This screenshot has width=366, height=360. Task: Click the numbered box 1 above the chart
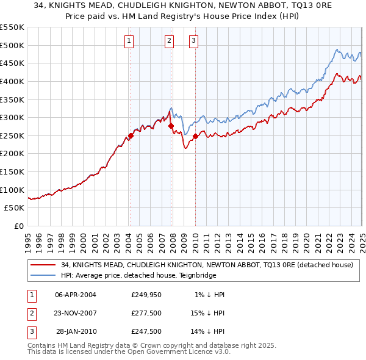click(130, 41)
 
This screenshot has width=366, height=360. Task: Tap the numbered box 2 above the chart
click(169, 41)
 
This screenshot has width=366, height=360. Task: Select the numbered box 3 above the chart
click(193, 41)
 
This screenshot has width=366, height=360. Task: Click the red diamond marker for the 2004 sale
click(131, 136)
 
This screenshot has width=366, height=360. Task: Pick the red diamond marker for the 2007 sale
click(171, 126)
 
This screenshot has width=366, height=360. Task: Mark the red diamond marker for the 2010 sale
click(195, 137)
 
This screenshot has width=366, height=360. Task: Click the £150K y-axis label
click(12, 172)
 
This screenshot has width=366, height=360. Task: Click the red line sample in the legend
click(43, 265)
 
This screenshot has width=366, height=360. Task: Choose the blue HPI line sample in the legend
click(43, 276)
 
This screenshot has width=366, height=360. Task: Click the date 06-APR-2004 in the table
click(76, 295)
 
